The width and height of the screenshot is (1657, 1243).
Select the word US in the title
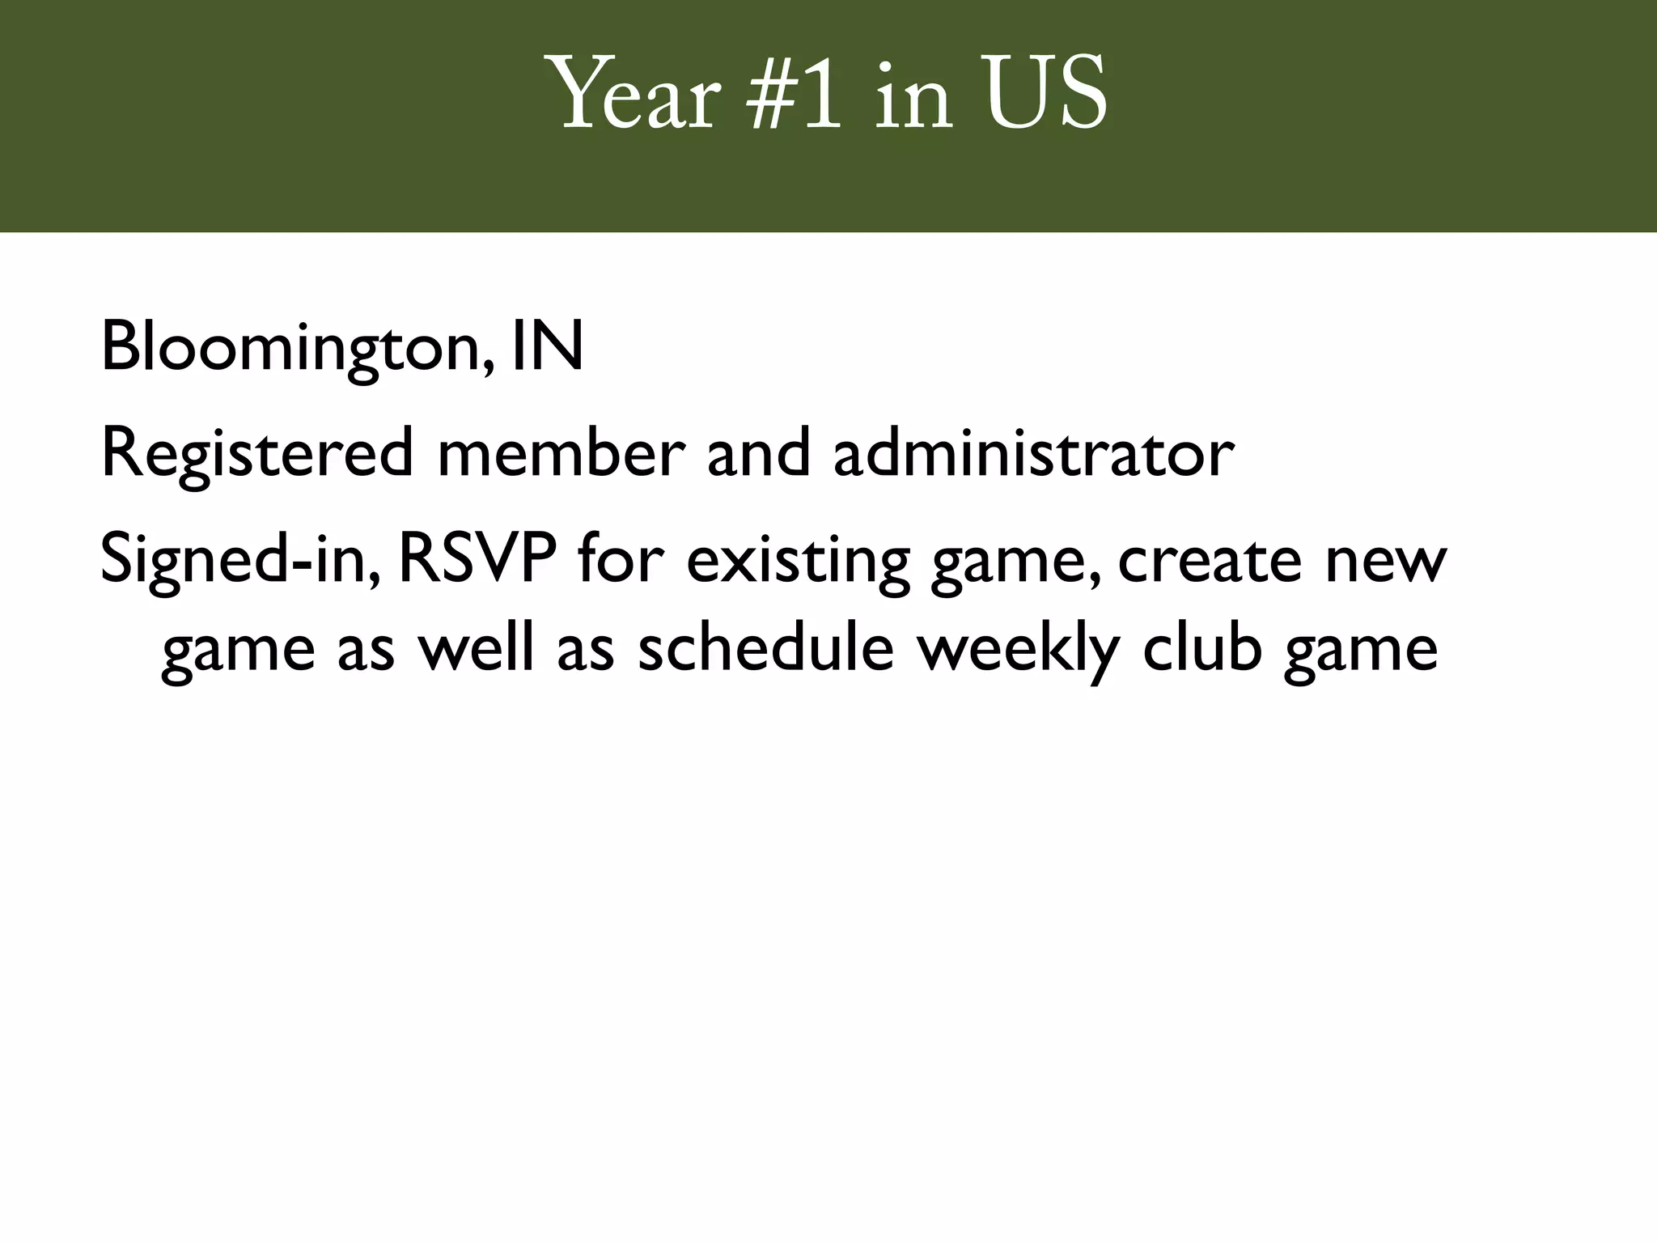(x=1045, y=95)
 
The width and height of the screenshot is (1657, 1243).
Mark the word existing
(x=799, y=562)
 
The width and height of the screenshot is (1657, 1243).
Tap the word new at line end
(x=1385, y=562)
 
